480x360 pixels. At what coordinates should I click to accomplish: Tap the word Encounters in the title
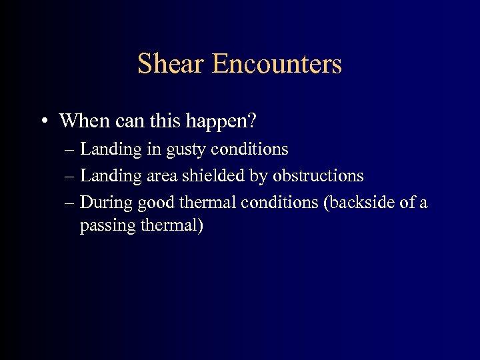(277, 64)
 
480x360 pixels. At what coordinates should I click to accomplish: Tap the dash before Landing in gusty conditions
(71, 149)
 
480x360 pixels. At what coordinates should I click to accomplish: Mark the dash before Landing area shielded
(71, 176)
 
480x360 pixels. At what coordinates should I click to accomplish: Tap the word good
(156, 203)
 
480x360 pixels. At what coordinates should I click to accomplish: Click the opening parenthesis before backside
(325, 203)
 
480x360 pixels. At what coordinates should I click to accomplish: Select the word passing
(108, 227)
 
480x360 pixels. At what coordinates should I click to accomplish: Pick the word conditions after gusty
(257, 149)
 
